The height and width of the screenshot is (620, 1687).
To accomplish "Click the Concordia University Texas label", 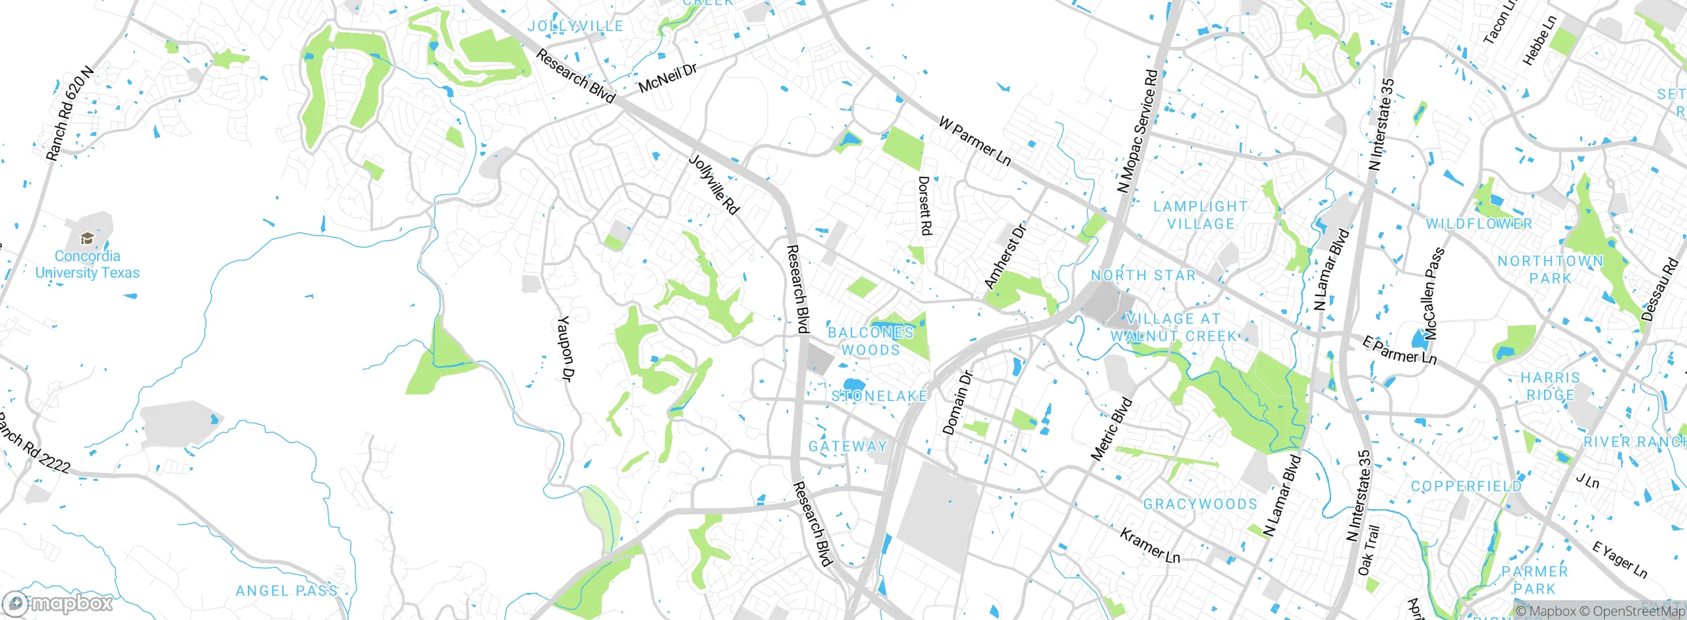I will tap(87, 264).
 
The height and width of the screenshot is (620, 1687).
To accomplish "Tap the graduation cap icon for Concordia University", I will tap(86, 238).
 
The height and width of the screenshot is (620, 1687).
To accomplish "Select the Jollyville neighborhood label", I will tap(575, 26).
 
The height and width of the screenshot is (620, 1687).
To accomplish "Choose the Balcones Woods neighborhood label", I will tap(871, 341).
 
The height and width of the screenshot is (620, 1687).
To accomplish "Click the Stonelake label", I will tap(879, 396).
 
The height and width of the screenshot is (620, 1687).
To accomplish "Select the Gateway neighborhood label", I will tap(847, 447).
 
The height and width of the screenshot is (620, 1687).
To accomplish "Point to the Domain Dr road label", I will tap(958, 403).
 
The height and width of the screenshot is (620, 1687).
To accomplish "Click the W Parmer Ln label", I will tap(975, 140).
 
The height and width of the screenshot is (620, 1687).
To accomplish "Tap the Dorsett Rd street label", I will tap(925, 205).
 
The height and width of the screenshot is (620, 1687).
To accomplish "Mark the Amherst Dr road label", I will tap(1005, 257).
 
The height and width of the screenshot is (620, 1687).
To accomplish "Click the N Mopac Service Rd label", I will tap(1137, 131).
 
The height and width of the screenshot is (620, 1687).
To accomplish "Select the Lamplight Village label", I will tap(1200, 215).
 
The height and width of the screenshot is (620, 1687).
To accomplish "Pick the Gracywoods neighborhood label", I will tap(1200, 505).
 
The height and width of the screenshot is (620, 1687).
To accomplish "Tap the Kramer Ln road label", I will tap(1150, 545).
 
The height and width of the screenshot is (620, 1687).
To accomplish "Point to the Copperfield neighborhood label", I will tap(1466, 487).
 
